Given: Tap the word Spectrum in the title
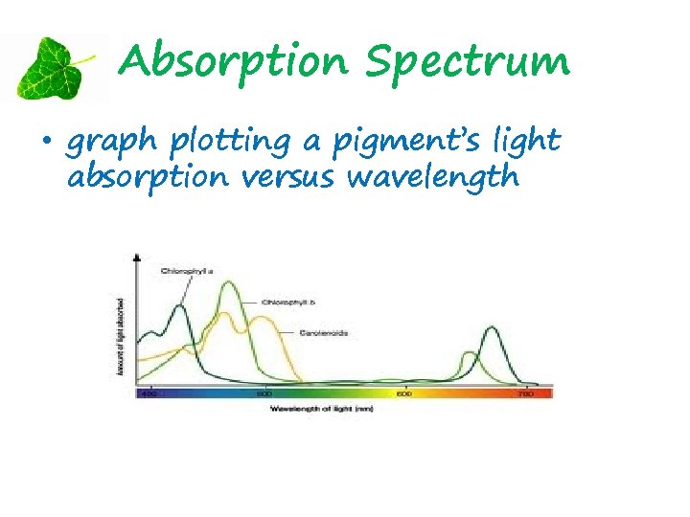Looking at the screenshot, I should coord(469,64).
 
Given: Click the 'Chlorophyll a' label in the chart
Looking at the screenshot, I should coord(186,271).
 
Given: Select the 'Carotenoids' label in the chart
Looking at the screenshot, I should coord(323,333).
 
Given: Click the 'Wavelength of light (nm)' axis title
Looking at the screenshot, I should coord(321,409).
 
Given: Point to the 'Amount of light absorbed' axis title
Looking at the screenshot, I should coord(121,334).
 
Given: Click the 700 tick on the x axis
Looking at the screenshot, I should coord(524,393).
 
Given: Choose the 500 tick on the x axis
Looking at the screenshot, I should coord(264,393).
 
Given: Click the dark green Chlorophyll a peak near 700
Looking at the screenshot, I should coord(491,330).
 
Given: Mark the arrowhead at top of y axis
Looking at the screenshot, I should coord(137,258).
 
